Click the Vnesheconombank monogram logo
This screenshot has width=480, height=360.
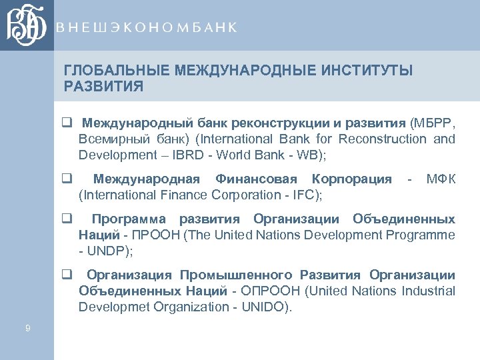(x=27, y=25)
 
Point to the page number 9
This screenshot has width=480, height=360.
(x=27, y=327)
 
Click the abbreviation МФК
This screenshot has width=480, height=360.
(x=441, y=179)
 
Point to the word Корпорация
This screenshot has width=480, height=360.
(x=351, y=179)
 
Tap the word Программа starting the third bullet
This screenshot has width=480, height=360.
(x=129, y=219)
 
